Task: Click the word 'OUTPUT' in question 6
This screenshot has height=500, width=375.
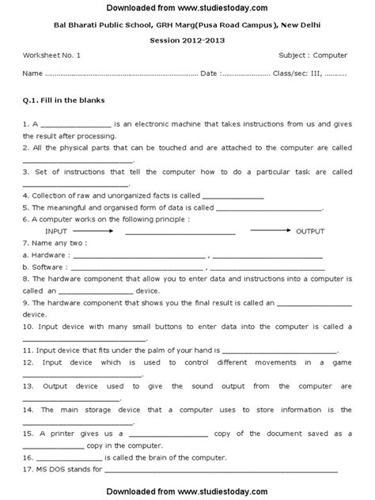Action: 311,230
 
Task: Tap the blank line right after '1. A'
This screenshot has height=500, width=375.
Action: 75,126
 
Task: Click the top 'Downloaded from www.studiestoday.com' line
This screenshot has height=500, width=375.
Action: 187,8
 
